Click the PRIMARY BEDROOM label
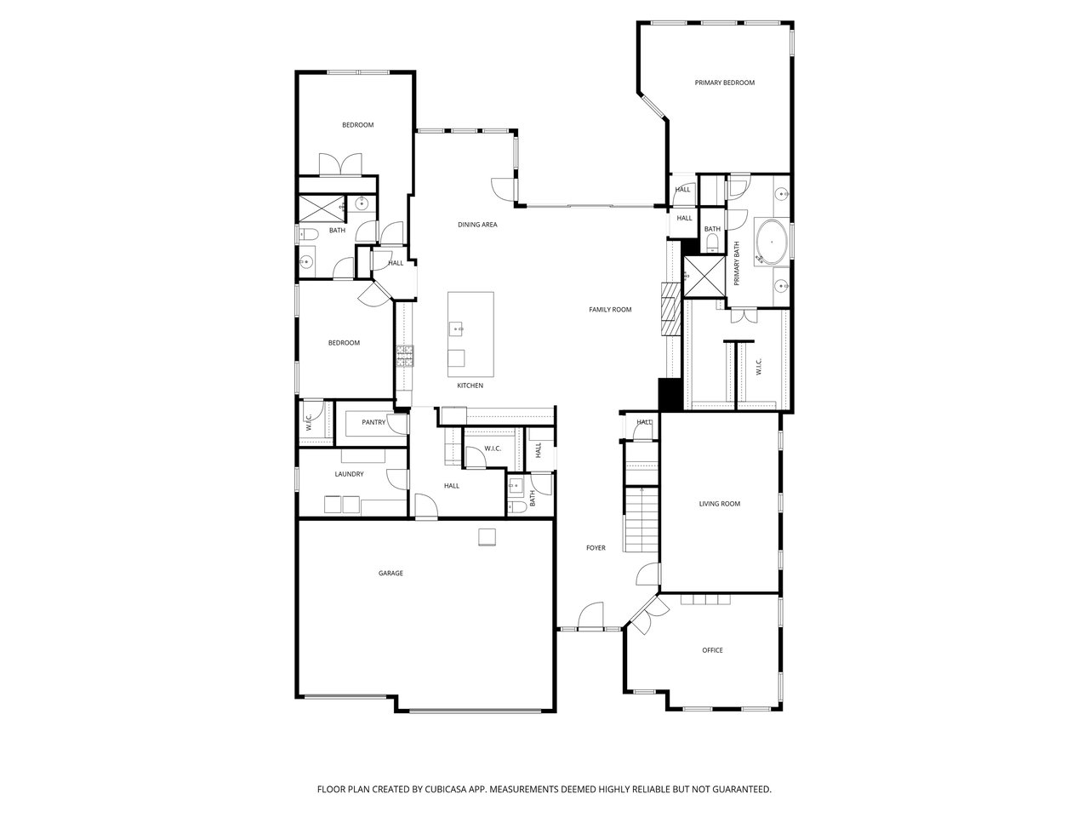point(724,83)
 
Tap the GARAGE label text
point(391,573)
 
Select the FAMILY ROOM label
point(610,310)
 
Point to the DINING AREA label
point(477,225)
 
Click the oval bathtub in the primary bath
point(771,243)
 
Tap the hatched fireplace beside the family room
point(670,309)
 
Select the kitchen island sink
point(456,329)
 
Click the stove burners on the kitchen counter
point(404,357)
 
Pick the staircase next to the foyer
point(641,498)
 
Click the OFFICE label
point(712,650)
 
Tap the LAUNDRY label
point(349,474)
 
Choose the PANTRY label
point(373,423)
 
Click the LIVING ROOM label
point(719,504)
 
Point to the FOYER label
point(596,548)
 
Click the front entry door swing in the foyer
point(590,615)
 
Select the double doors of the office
point(648,615)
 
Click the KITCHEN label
point(470,386)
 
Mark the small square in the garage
point(487,537)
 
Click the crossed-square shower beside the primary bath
point(704,277)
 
